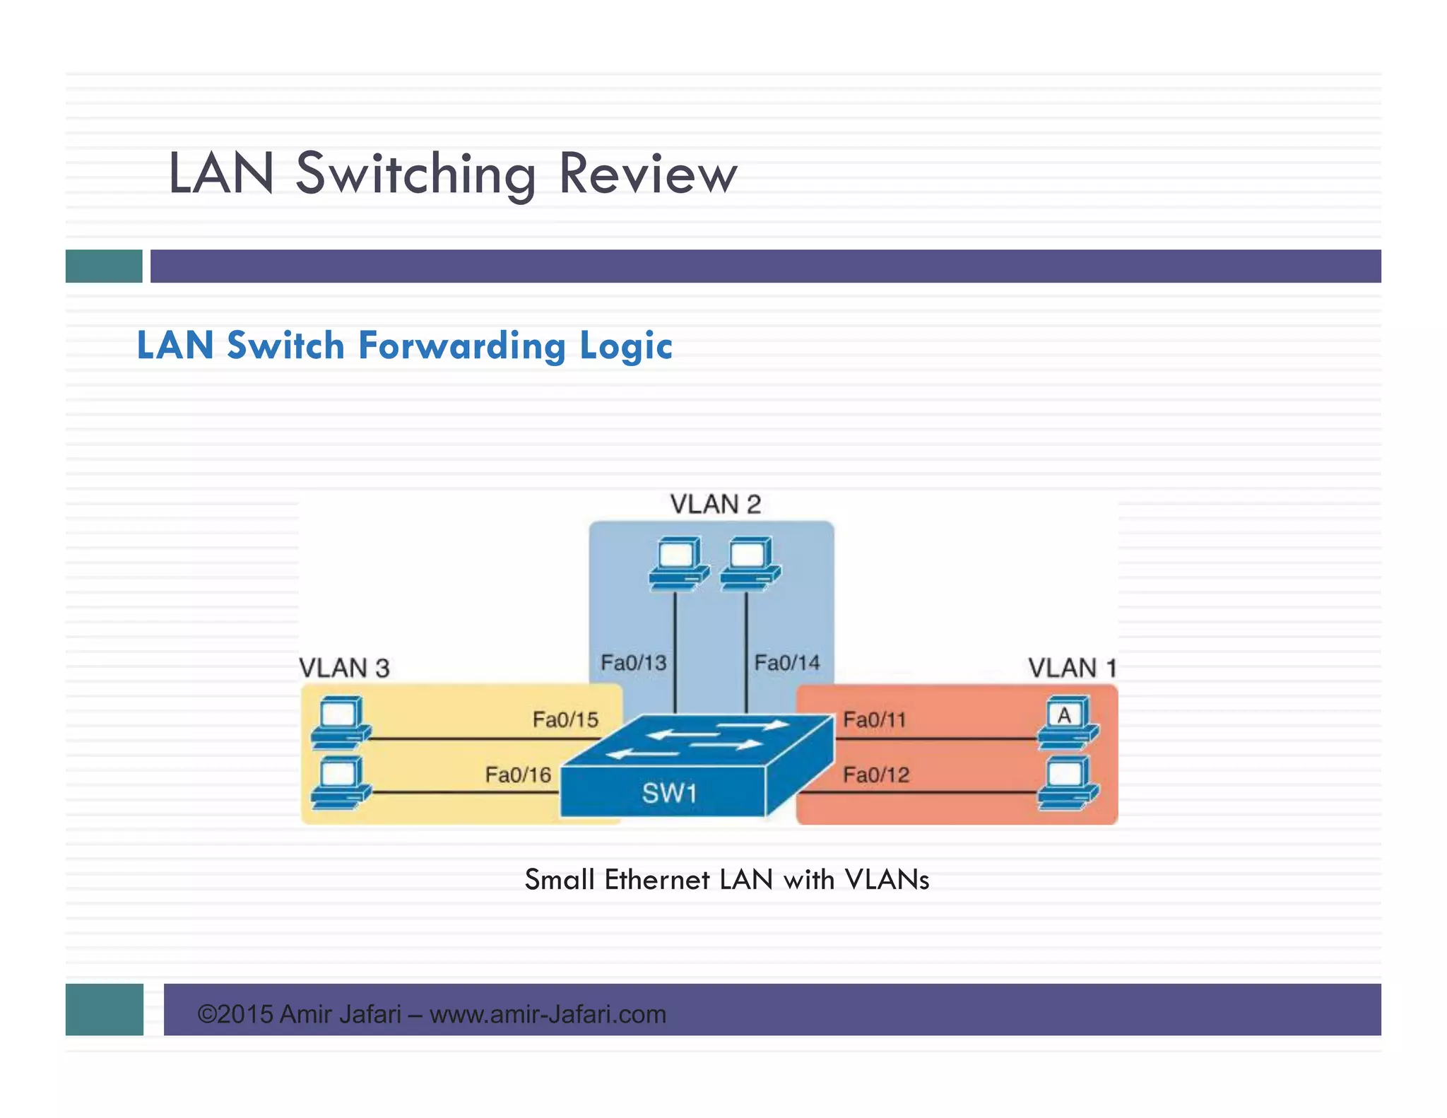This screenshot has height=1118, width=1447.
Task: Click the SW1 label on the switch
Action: tap(668, 793)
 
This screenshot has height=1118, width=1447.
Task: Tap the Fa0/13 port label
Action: tap(633, 663)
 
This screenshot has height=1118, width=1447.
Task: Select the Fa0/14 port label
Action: tap(786, 663)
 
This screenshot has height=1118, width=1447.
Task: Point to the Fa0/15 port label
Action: tap(565, 719)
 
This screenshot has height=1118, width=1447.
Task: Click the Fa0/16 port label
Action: tap(518, 775)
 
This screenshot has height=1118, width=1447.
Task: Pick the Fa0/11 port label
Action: tap(874, 719)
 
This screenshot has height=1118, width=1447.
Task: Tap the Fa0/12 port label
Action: tap(875, 775)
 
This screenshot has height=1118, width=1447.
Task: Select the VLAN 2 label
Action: tap(715, 505)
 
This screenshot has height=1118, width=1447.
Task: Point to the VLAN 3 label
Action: tap(344, 668)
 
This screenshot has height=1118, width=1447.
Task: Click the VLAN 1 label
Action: tap(1072, 668)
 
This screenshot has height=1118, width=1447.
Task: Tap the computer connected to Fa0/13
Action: tap(678, 563)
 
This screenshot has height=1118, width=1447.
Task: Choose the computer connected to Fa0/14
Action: tap(750, 563)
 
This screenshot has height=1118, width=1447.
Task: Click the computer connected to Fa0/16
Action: tap(341, 782)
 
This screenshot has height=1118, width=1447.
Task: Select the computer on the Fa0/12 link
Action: tap(1067, 782)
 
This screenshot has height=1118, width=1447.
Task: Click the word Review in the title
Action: tap(647, 174)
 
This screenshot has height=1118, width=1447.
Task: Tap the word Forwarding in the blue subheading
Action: tap(463, 346)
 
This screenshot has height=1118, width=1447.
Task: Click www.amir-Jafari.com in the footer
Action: tap(548, 1014)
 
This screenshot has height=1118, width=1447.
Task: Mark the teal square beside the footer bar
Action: tap(105, 1009)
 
